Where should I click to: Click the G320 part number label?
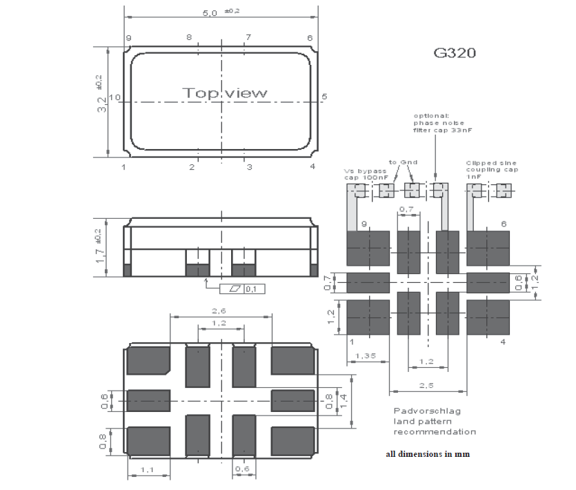454,53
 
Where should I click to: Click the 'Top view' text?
224,92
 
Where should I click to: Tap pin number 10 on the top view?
115,97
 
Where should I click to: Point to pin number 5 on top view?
324,97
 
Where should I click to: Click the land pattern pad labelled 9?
367,248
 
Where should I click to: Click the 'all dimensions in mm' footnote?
428,455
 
